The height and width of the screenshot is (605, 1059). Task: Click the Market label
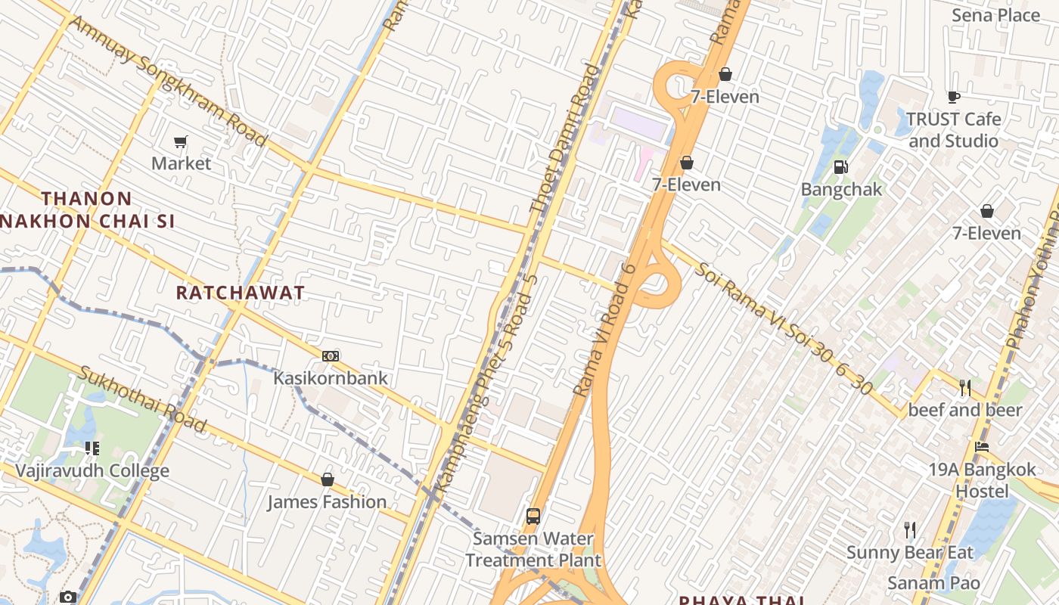point(181,163)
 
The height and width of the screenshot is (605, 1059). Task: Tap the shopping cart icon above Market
point(180,141)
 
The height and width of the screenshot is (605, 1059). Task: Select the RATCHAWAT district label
point(241,293)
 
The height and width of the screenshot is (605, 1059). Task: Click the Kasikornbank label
point(330,378)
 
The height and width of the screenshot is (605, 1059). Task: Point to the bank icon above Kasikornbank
point(331,356)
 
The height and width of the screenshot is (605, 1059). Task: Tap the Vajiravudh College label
point(92,471)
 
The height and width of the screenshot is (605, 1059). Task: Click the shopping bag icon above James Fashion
point(328,479)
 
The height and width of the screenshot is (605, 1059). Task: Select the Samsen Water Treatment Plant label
point(533,550)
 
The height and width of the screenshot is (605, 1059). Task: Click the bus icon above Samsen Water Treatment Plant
point(533,517)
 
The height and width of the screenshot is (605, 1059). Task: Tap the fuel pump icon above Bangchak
point(840,167)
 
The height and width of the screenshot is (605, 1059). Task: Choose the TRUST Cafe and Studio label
point(953,130)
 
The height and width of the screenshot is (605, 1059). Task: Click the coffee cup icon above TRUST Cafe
point(954,97)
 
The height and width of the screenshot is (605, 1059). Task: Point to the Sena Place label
point(995,15)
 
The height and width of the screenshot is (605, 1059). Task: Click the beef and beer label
point(964,410)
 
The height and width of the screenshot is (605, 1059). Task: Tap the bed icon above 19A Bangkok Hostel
point(982,447)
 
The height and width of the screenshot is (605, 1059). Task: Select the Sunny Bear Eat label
point(909,552)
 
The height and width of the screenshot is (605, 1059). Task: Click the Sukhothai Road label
point(142,399)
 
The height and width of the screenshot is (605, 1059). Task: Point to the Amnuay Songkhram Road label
point(168,82)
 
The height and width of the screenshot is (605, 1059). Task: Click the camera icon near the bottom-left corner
point(68,597)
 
